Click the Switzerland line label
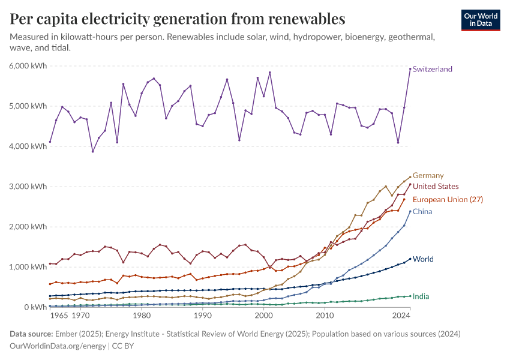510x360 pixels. tap(432, 69)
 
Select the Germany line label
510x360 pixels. tap(428, 176)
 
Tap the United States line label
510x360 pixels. tap(436, 187)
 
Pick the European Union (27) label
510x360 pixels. tap(448, 199)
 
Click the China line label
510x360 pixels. tap(422, 212)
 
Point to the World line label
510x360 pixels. tap(423, 259)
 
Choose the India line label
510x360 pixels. tap(421, 296)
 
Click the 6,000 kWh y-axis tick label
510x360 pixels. tap(28, 66)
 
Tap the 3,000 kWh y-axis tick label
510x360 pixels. tap(28, 187)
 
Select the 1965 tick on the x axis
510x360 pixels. tap(59, 315)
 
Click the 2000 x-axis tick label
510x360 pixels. tap(263, 315)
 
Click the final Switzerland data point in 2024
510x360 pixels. tap(410, 69)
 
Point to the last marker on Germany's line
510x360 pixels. tap(410, 177)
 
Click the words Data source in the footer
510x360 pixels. tap(30, 334)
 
